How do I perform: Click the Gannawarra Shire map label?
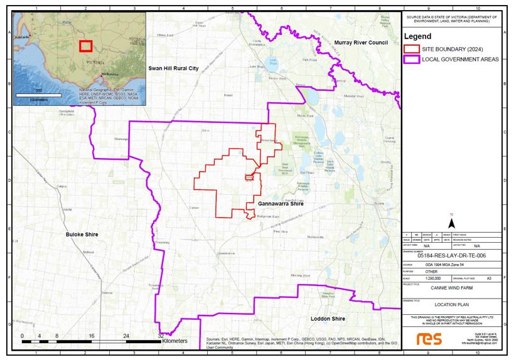pyautogui.click(x=281, y=204)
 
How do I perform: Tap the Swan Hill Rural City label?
pyautogui.click(x=178, y=68)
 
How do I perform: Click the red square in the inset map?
pyautogui.click(x=85, y=45)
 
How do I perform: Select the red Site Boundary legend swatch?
pyautogui.click(x=411, y=48)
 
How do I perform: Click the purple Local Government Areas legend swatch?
pyautogui.click(x=411, y=59)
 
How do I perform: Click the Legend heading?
pyautogui.click(x=417, y=36)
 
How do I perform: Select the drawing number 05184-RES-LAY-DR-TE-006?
pyautogui.click(x=451, y=255)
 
